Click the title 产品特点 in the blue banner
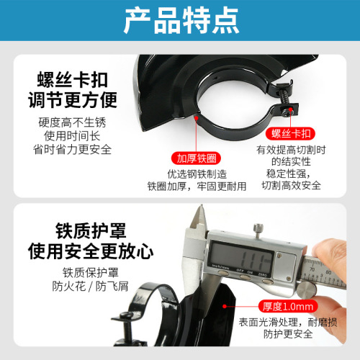click(181, 22)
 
